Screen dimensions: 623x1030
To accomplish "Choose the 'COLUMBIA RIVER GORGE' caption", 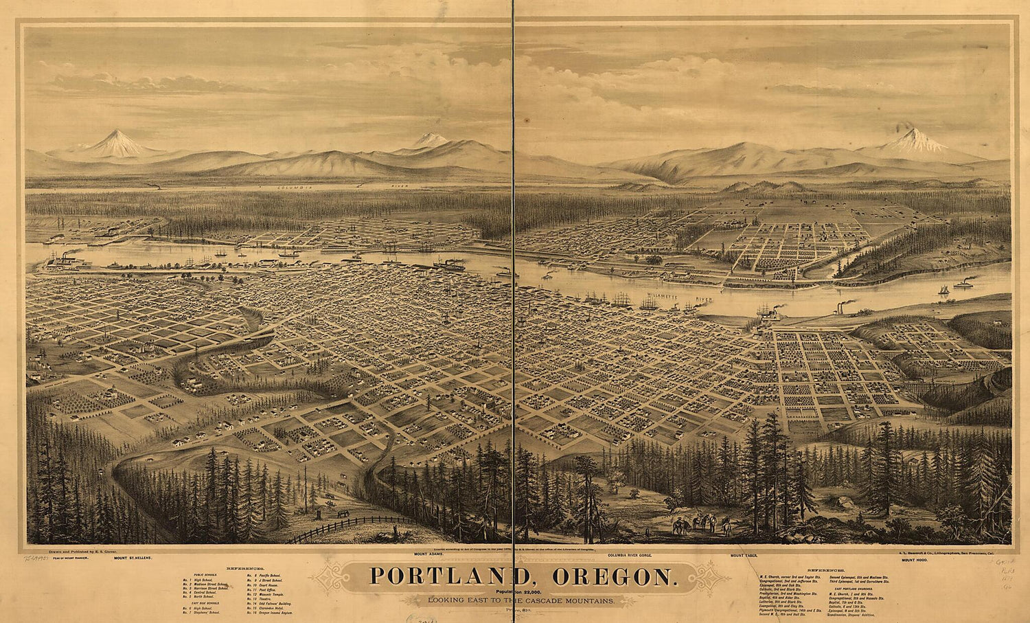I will [636, 554].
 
